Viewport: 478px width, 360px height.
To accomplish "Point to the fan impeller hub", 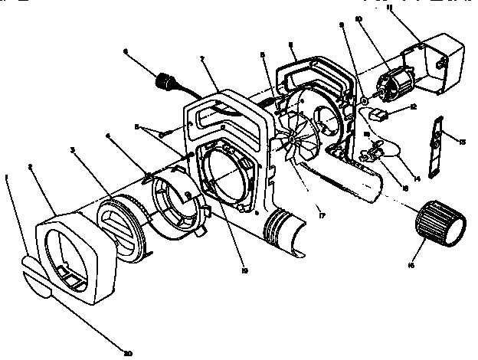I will [293, 139].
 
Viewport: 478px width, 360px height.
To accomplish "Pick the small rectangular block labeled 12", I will [377, 115].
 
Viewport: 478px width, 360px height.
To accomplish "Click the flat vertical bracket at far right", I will [437, 145].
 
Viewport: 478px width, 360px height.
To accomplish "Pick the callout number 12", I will [414, 108].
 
